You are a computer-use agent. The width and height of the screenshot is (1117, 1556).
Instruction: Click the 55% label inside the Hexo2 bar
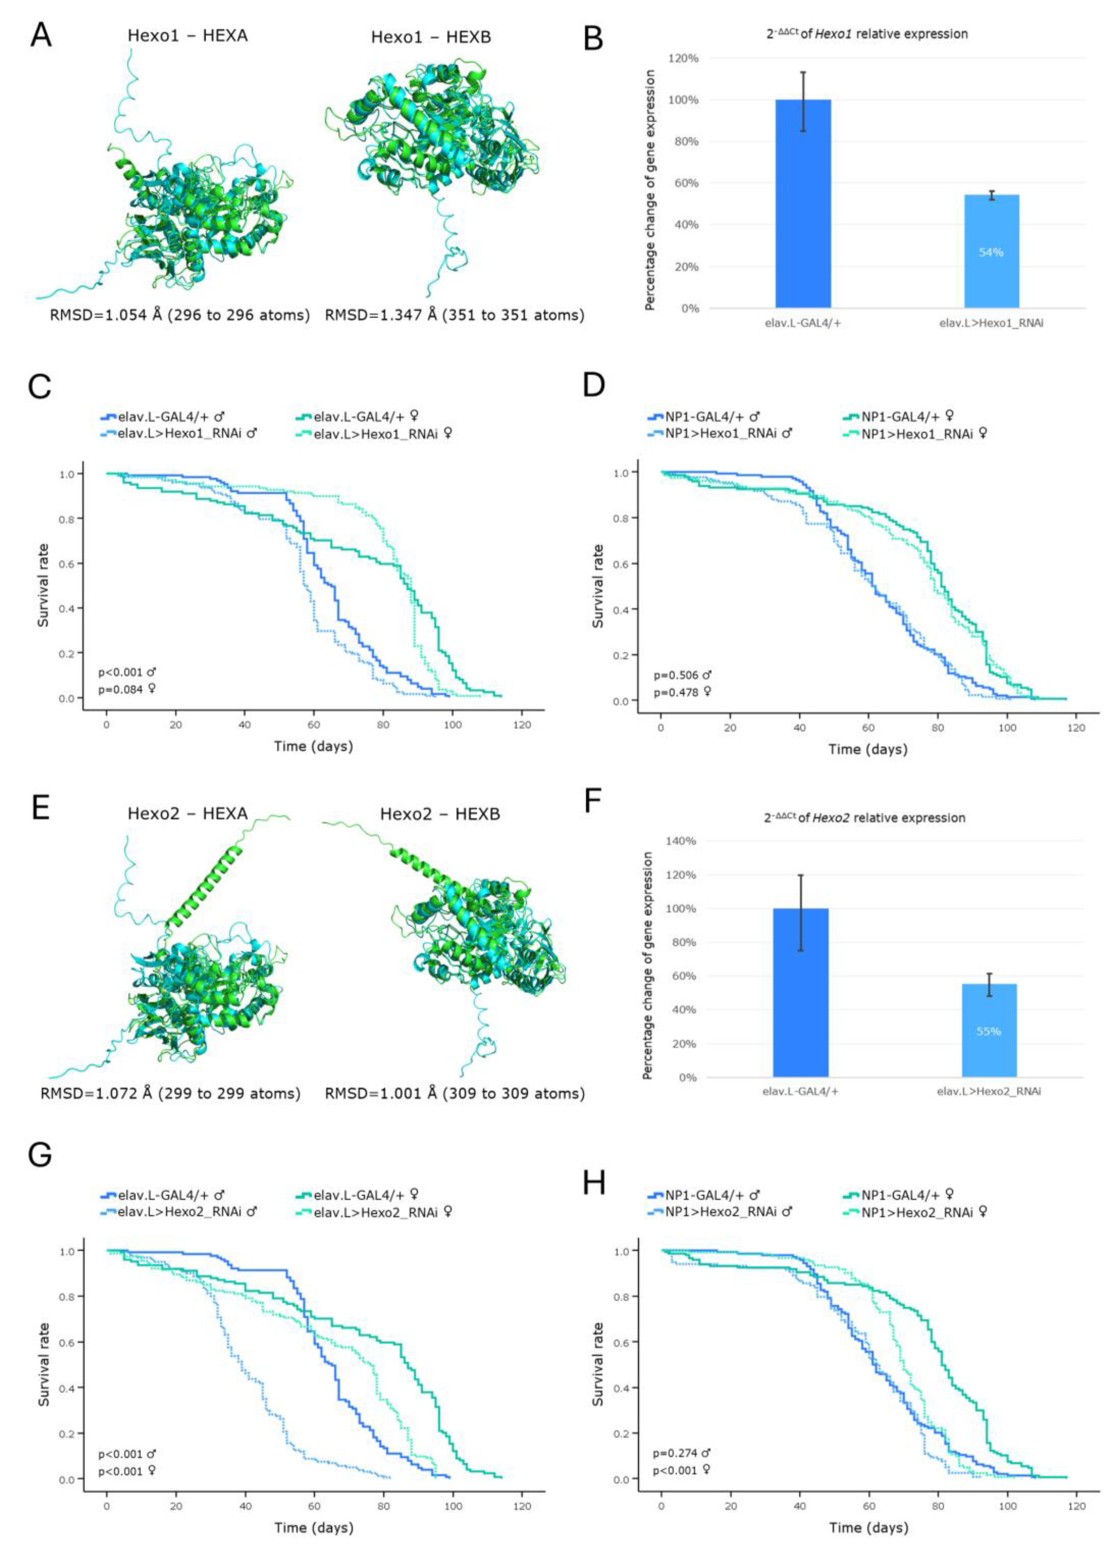[x=989, y=1031]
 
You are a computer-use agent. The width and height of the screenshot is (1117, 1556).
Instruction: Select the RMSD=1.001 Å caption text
[x=454, y=1093]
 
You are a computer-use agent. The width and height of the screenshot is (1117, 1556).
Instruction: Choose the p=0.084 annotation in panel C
[x=127, y=689]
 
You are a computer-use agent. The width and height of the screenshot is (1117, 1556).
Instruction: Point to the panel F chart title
[x=864, y=818]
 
